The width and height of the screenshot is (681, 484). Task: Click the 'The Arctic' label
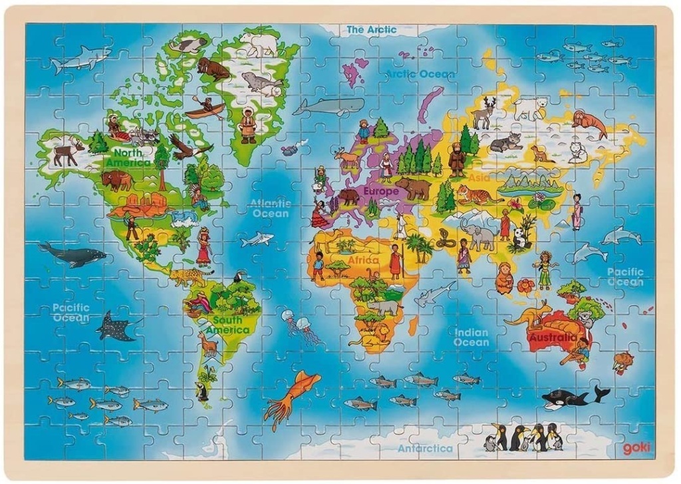(371, 30)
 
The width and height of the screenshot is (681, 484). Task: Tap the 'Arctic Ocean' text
(420, 74)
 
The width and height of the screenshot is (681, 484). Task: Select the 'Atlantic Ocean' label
(270, 208)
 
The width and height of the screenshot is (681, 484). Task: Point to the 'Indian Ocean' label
(471, 337)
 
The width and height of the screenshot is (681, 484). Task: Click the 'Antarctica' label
(425, 448)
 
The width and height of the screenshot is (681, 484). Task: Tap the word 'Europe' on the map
(380, 192)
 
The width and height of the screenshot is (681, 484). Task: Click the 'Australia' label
(553, 338)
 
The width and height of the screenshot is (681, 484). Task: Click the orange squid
(291, 396)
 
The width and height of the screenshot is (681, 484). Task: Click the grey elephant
(479, 234)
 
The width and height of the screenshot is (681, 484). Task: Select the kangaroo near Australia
(529, 313)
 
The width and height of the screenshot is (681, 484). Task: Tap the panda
(520, 238)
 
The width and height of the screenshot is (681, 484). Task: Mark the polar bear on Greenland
(259, 45)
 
